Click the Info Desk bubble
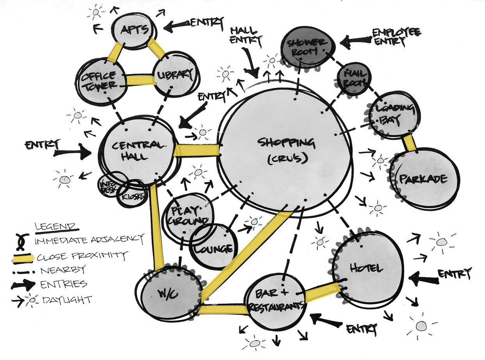pyautogui.click(x=111, y=184)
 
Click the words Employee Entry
pyautogui.click(x=395, y=37)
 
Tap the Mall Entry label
pyautogui.click(x=246, y=35)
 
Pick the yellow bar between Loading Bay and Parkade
pyautogui.click(x=410, y=142)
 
